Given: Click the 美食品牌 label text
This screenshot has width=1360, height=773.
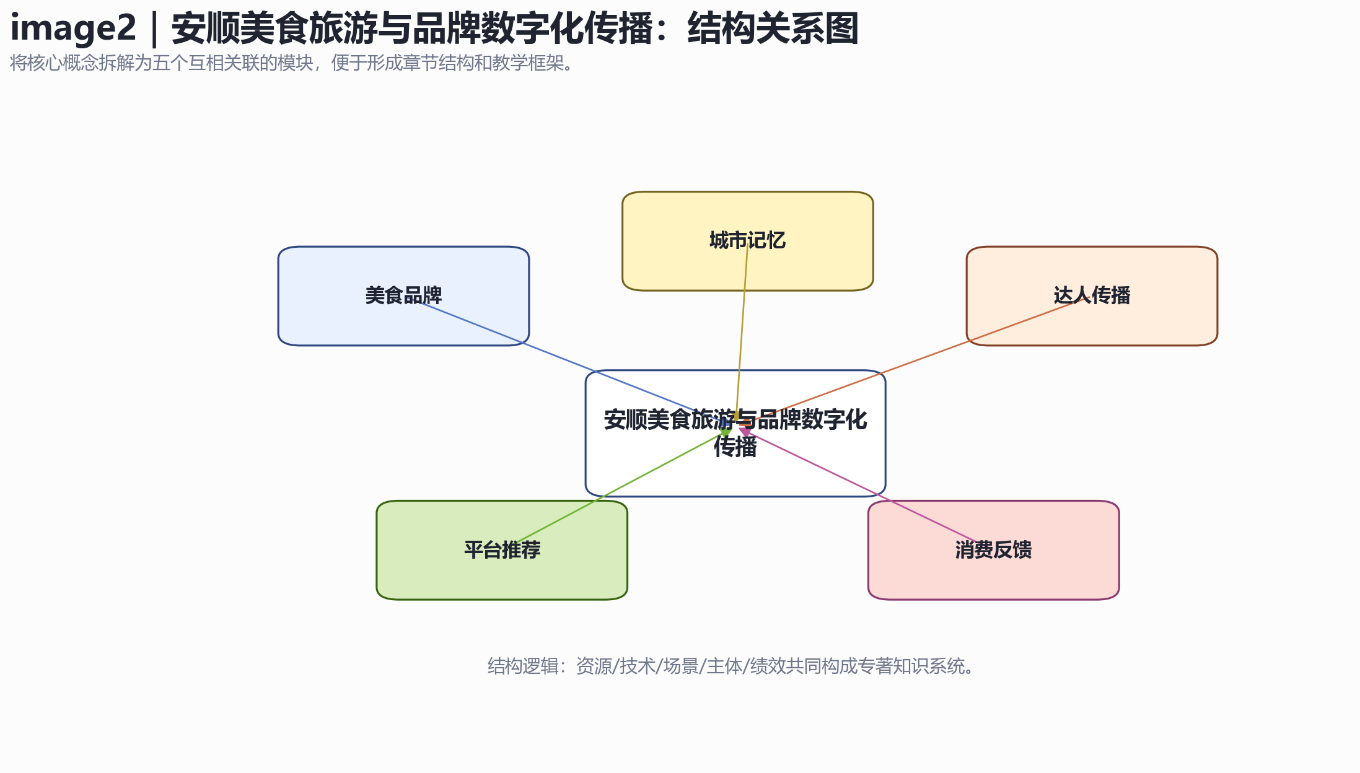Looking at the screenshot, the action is pos(403,295).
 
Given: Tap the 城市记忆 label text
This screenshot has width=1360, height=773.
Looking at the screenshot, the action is pos(747,240).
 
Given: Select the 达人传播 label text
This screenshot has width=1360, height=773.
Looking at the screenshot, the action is pos(1092,295).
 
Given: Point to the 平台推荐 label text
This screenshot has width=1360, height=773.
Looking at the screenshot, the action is pos(502,550).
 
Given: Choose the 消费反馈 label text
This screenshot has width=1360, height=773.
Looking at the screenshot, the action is pos(993,550).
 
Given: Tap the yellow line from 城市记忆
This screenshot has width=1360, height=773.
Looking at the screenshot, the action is pos(742,331).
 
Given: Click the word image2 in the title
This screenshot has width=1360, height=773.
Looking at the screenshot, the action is pos(73,28).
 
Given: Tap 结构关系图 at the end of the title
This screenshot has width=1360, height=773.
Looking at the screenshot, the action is pos(773,28).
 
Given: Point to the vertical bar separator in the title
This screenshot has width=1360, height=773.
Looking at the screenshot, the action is pos(154,28).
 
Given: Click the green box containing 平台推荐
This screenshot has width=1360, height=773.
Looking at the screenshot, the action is pos(502,550).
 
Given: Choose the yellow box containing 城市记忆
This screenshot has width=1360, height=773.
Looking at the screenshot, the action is pos(748,241).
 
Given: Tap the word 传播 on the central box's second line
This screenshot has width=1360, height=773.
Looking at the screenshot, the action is pos(735,447).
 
